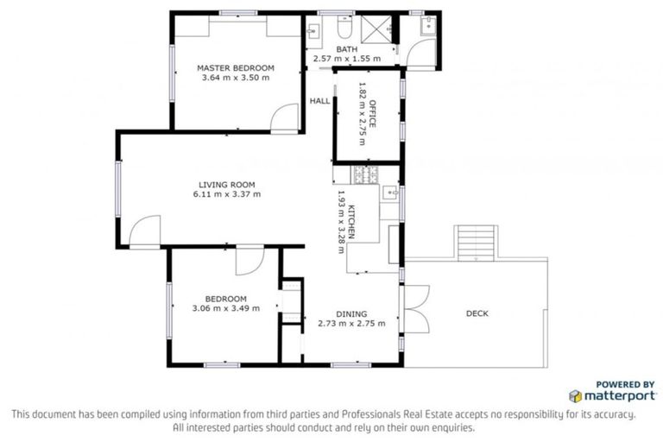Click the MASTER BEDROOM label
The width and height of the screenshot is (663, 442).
[235, 67]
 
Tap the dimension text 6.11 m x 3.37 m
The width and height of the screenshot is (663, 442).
[228, 194]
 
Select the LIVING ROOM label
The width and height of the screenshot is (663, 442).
[227, 184]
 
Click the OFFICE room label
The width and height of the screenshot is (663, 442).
[373, 115]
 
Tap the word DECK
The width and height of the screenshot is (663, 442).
[477, 313]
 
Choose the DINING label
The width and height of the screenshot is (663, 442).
[351, 314]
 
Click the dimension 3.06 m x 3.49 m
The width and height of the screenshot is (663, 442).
[226, 308]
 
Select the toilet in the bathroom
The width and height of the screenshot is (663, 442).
[344, 24]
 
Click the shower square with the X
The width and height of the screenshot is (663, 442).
[375, 28]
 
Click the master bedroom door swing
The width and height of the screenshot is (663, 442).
[284, 119]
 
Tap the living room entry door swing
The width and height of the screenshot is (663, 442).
[146, 230]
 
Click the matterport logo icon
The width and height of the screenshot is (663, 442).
[575, 396]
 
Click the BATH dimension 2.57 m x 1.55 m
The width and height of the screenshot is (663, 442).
[346, 60]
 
